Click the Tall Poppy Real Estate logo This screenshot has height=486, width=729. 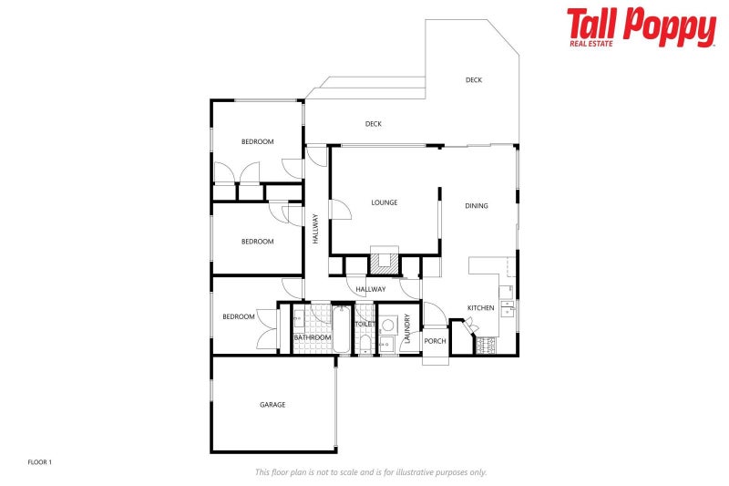point(641,26)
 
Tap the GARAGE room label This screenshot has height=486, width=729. point(272,404)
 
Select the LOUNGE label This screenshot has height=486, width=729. point(384,202)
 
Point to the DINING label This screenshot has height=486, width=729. point(476,206)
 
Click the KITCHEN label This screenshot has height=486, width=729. point(480,308)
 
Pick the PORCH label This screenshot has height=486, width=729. point(435,342)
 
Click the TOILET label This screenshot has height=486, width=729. point(364,324)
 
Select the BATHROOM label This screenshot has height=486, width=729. point(312,337)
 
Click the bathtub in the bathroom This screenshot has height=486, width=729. point(342,330)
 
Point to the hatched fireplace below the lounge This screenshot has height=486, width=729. point(384,262)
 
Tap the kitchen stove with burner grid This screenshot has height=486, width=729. point(486,345)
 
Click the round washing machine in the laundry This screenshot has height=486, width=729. point(387,324)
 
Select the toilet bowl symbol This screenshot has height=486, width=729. point(364,342)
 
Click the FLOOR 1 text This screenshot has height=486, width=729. point(40,462)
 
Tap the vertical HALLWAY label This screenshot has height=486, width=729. point(315,228)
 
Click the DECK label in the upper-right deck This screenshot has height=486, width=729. point(473,80)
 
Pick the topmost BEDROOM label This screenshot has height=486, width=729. point(257,141)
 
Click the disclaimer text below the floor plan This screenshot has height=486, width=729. point(370,472)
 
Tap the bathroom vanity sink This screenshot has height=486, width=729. point(299,321)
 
